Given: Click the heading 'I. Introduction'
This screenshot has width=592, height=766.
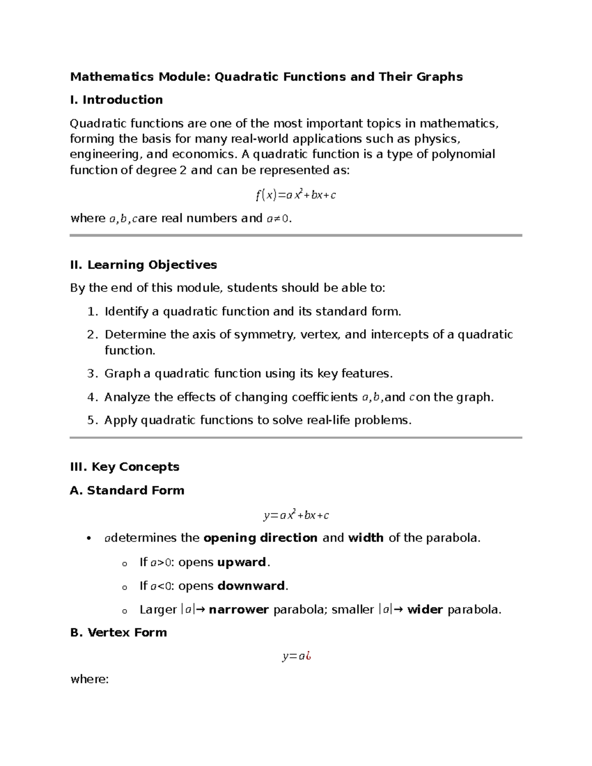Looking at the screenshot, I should (x=116, y=100).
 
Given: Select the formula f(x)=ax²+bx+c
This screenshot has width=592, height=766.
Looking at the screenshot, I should (x=296, y=195).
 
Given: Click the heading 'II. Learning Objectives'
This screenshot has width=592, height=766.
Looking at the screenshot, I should (x=144, y=265).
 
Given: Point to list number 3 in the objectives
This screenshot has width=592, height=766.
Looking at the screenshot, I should (x=92, y=373).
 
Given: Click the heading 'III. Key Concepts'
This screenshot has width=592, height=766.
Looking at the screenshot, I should (x=125, y=467).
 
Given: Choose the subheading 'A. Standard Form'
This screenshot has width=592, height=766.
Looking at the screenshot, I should (x=127, y=490).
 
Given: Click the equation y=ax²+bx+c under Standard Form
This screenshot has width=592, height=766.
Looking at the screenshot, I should (x=296, y=515).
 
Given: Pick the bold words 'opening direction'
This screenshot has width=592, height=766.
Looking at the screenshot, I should (x=260, y=538).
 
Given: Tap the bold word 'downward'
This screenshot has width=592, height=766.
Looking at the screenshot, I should (x=251, y=586).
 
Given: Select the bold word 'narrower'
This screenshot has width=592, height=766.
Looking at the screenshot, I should (x=239, y=610).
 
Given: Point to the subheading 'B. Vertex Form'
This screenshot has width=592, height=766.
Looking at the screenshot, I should (x=118, y=632).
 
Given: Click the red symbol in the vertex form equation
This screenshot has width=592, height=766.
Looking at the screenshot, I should (x=308, y=657).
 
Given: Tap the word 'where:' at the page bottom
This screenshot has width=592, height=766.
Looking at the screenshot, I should (x=89, y=679).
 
